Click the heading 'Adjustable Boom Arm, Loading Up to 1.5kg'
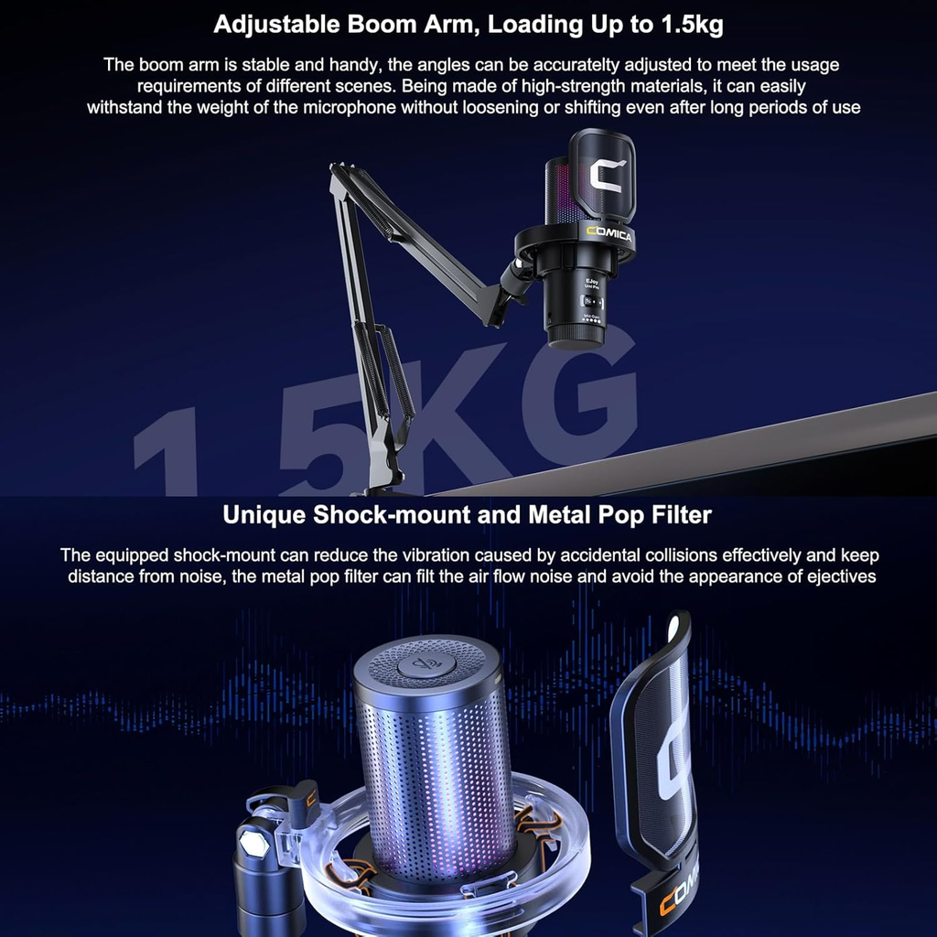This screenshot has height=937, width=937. (x=468, y=25)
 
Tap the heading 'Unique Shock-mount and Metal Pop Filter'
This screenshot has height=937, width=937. (x=468, y=514)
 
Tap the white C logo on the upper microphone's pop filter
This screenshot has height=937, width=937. (x=606, y=176)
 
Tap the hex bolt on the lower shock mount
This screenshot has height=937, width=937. (x=252, y=843)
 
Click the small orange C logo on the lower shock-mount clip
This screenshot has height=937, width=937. (x=311, y=797)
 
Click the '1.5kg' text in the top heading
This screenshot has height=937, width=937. (x=692, y=26)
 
